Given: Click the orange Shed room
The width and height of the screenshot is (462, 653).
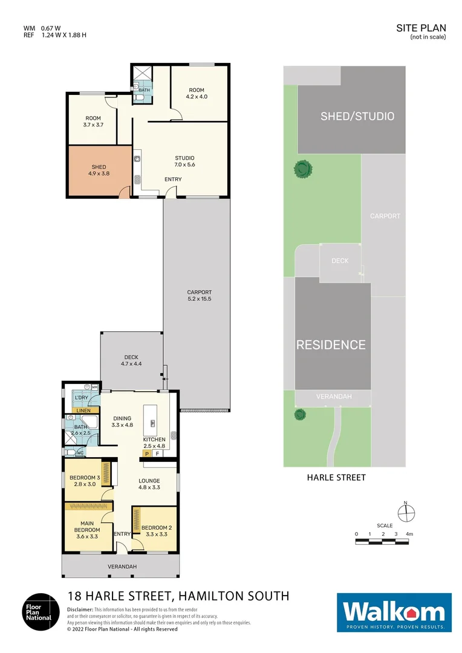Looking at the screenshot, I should point(99,171).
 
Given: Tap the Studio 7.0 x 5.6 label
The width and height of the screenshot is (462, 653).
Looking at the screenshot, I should point(185,161).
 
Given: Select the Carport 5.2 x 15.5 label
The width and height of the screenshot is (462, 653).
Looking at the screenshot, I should point(199,296).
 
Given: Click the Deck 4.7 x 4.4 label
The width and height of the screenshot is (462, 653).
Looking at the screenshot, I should point(132,360).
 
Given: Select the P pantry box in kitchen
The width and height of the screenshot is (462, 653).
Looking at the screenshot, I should point(146,453).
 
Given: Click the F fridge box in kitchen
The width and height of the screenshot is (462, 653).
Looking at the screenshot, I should point(157,453).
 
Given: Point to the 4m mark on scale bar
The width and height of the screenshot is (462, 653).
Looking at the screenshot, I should point(409,534).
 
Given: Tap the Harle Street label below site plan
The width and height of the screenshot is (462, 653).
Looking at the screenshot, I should point(336,477).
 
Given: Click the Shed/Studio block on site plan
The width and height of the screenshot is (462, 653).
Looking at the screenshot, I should point(357,116).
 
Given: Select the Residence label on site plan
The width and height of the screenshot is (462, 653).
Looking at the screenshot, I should point(331,345).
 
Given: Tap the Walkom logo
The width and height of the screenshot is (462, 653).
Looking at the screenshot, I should point(394,612).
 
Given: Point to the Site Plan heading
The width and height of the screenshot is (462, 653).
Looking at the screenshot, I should point(421,28).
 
